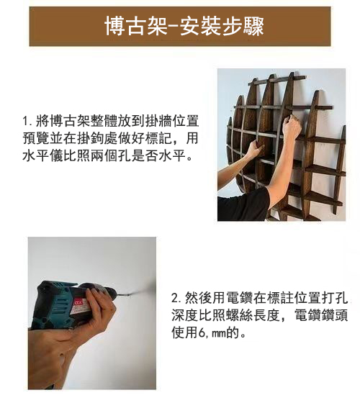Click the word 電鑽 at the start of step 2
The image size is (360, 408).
coord(224,297)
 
